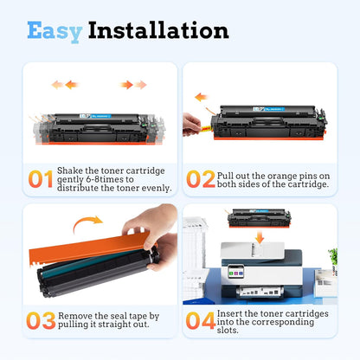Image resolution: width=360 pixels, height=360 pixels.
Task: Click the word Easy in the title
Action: (54, 30)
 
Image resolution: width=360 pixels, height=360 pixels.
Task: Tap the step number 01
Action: (40, 179)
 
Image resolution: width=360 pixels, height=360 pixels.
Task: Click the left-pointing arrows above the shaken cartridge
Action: (64, 85)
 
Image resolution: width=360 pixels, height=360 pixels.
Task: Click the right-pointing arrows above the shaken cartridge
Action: (133, 85)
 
